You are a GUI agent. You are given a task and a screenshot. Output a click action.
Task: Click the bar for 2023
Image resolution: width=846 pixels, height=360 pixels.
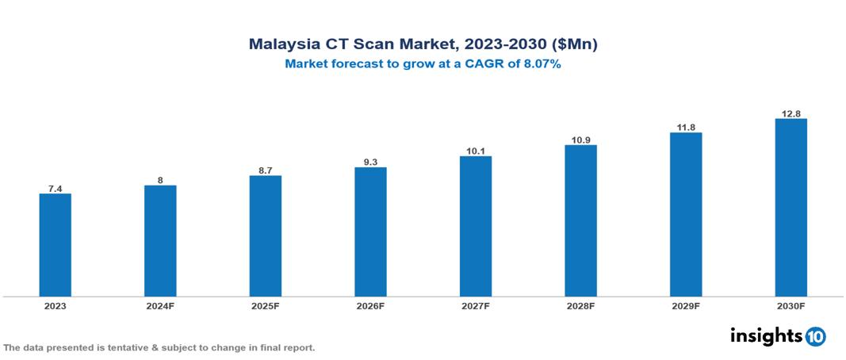pyautogui.click(x=56, y=245)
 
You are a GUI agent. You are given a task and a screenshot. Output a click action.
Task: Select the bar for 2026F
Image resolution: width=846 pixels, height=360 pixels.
pyautogui.click(x=370, y=232)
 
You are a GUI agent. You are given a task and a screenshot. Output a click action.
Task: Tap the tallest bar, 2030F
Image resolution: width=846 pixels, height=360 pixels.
pyautogui.click(x=790, y=208)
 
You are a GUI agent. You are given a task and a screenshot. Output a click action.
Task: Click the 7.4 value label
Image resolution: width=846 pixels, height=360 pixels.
pyautogui.click(x=56, y=188)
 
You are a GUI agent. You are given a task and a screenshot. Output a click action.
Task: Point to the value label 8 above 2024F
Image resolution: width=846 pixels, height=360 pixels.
pyautogui.click(x=160, y=180)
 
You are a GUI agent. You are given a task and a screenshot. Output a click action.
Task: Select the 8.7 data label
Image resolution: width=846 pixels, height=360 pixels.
pyautogui.click(x=266, y=170)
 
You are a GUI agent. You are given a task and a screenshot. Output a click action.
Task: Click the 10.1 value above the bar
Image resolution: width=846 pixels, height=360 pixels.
pyautogui.click(x=476, y=151)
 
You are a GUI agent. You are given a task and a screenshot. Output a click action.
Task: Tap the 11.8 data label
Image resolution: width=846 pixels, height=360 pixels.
pyautogui.click(x=686, y=127)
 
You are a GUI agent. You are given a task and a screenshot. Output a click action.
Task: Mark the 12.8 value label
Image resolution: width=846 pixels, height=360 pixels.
pyautogui.click(x=790, y=113)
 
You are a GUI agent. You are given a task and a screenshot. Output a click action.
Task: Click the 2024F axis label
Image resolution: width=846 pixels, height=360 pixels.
pyautogui.click(x=160, y=305)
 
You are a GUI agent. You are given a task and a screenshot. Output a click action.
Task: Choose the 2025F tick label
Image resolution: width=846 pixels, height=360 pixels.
pyautogui.click(x=266, y=305)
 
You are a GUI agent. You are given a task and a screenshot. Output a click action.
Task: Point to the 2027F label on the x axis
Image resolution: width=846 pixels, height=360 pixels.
pyautogui.click(x=476, y=305)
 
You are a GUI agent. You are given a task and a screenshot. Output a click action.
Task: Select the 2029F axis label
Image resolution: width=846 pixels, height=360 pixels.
pyautogui.click(x=686, y=305)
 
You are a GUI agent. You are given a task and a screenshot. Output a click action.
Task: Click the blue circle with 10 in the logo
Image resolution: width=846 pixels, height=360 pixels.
pyautogui.click(x=816, y=336)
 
